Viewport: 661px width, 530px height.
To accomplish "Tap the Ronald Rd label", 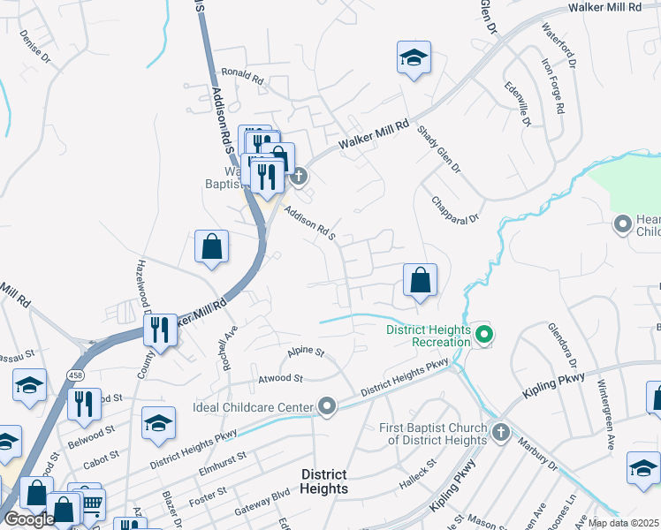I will click(243, 79).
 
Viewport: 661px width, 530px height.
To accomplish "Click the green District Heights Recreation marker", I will click(483, 335).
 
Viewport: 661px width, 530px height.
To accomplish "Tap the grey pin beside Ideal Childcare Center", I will click(327, 407).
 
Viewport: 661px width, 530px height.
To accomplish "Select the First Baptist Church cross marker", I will click(500, 432).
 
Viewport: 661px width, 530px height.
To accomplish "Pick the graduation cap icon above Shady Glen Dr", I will click(413, 57).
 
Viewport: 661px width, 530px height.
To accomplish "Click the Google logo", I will click(28, 519).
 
